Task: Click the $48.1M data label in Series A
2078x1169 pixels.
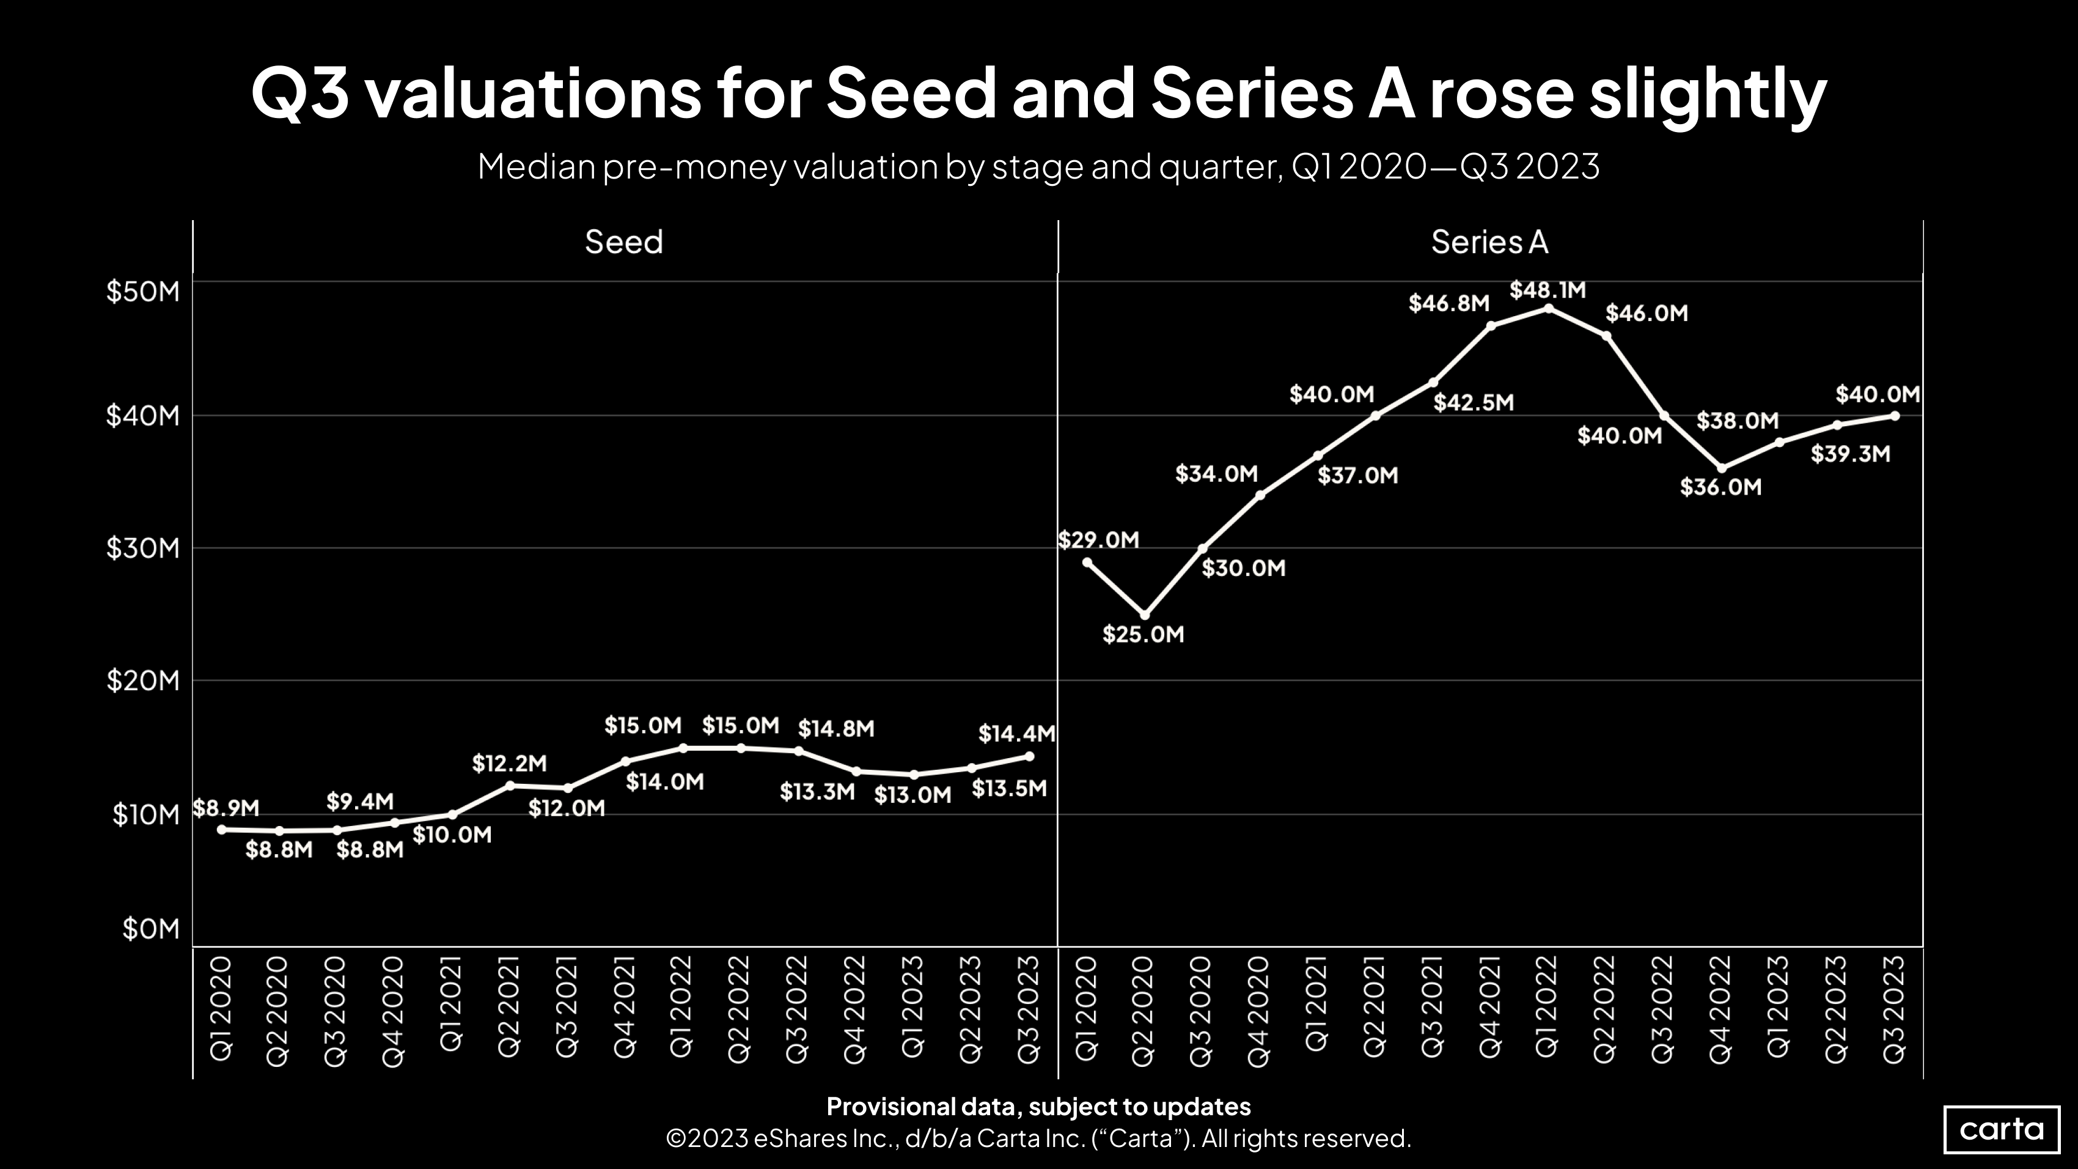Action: (x=1547, y=290)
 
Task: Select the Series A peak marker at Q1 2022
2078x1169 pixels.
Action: (x=1548, y=308)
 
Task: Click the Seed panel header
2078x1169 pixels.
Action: (x=623, y=242)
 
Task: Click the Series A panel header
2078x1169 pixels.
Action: (x=1489, y=242)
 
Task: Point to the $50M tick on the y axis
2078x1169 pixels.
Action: (x=143, y=291)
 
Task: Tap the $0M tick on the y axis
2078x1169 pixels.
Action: (x=151, y=929)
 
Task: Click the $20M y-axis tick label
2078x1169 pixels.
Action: (x=143, y=682)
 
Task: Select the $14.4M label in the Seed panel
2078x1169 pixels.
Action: (x=1016, y=733)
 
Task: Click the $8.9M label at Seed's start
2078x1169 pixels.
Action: (x=226, y=808)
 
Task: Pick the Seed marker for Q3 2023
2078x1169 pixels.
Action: (x=1029, y=756)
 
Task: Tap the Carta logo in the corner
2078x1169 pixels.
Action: (x=2002, y=1129)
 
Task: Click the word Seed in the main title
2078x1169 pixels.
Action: (x=911, y=94)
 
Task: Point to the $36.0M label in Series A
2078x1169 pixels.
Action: (x=1720, y=487)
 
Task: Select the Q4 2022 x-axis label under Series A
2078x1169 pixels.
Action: (x=1720, y=1010)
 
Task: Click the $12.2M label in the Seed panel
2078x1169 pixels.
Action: (x=509, y=763)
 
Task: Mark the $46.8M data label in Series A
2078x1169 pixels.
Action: (x=1448, y=303)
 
